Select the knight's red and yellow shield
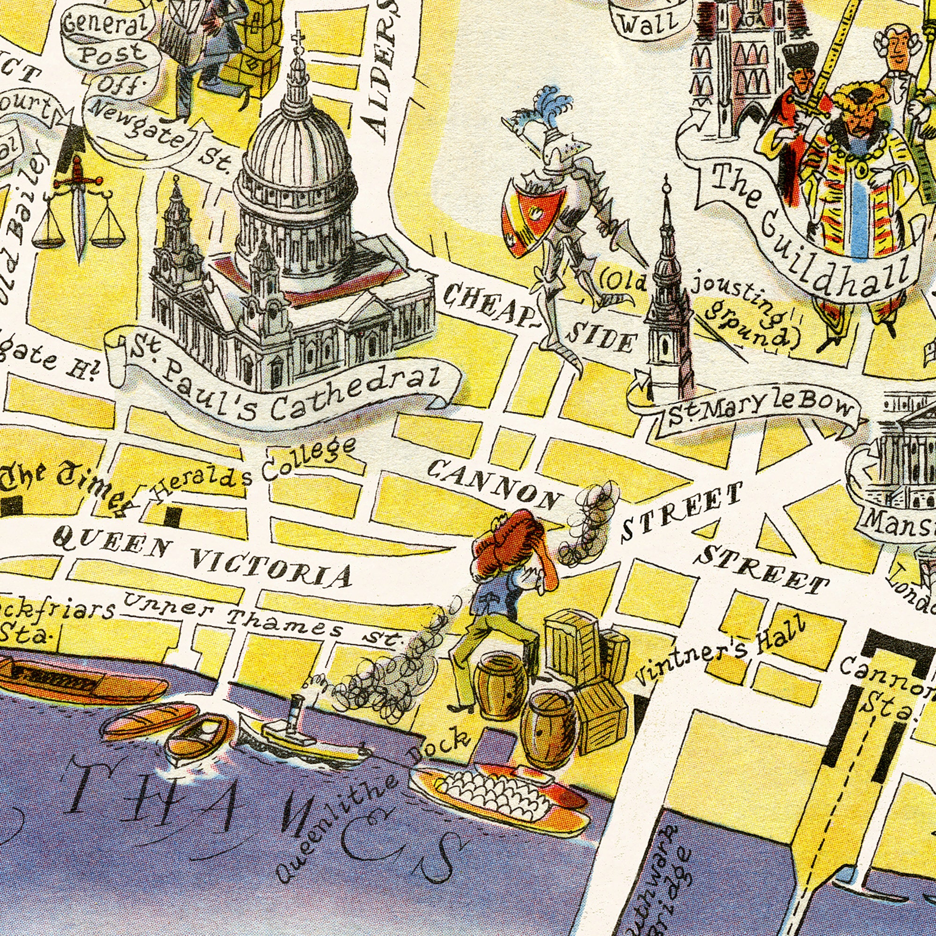(533, 216)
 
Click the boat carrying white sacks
(499, 795)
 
